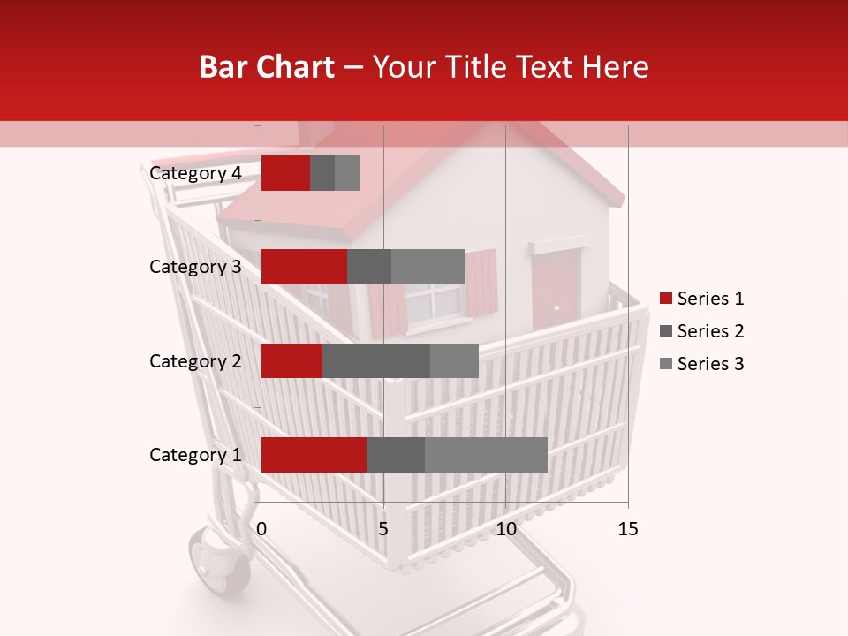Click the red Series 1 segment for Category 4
click(285, 173)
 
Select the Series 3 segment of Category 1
click(486, 455)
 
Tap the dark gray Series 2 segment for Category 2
click(376, 360)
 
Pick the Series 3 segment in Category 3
click(428, 267)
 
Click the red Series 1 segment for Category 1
click(314, 455)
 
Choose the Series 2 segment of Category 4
click(322, 173)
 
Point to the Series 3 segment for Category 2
click(454, 360)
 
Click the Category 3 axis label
click(195, 267)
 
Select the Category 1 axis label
click(195, 455)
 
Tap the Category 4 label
click(195, 173)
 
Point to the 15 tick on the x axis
click(627, 529)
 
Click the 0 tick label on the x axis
click(261, 529)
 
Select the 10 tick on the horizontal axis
click(505, 529)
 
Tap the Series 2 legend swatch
click(666, 331)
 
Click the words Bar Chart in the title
click(266, 67)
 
